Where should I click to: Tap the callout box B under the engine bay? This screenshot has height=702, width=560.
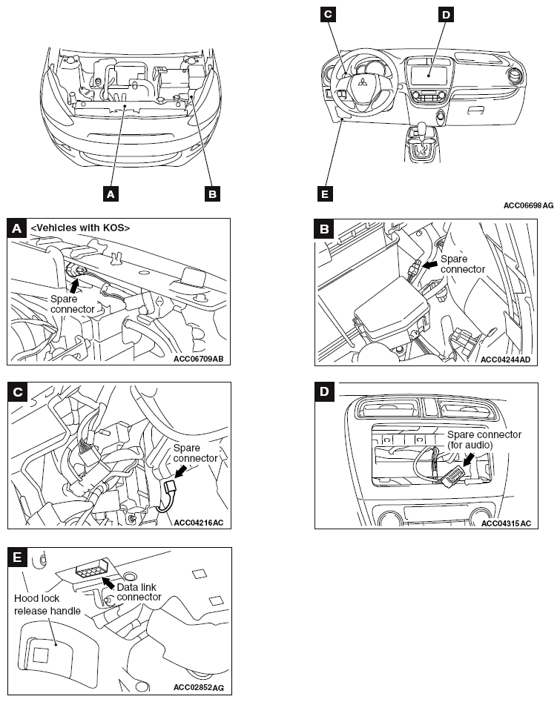[x=212, y=194]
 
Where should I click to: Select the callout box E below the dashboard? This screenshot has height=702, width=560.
[x=325, y=194]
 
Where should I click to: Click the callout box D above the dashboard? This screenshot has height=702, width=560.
[x=446, y=15]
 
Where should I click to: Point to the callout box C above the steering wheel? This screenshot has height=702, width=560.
[x=328, y=14]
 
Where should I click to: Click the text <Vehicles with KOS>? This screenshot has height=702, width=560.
[x=80, y=228]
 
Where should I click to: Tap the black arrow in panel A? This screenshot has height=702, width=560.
[x=75, y=285]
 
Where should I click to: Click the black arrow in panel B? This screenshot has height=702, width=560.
[x=430, y=265]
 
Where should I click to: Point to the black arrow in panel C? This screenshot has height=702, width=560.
[x=180, y=471]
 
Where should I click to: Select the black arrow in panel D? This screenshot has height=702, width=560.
[x=468, y=460]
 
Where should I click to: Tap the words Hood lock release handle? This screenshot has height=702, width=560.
[x=47, y=605]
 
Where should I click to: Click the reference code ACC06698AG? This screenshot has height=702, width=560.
[x=528, y=205]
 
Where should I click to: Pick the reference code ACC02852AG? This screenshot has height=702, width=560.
[x=199, y=687]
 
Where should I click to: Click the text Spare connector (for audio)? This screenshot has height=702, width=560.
[x=484, y=440]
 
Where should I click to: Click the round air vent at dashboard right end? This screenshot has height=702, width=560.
[x=514, y=76]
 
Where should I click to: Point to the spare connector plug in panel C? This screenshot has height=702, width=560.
[x=171, y=486]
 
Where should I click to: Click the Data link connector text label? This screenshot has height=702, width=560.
[x=139, y=592]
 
